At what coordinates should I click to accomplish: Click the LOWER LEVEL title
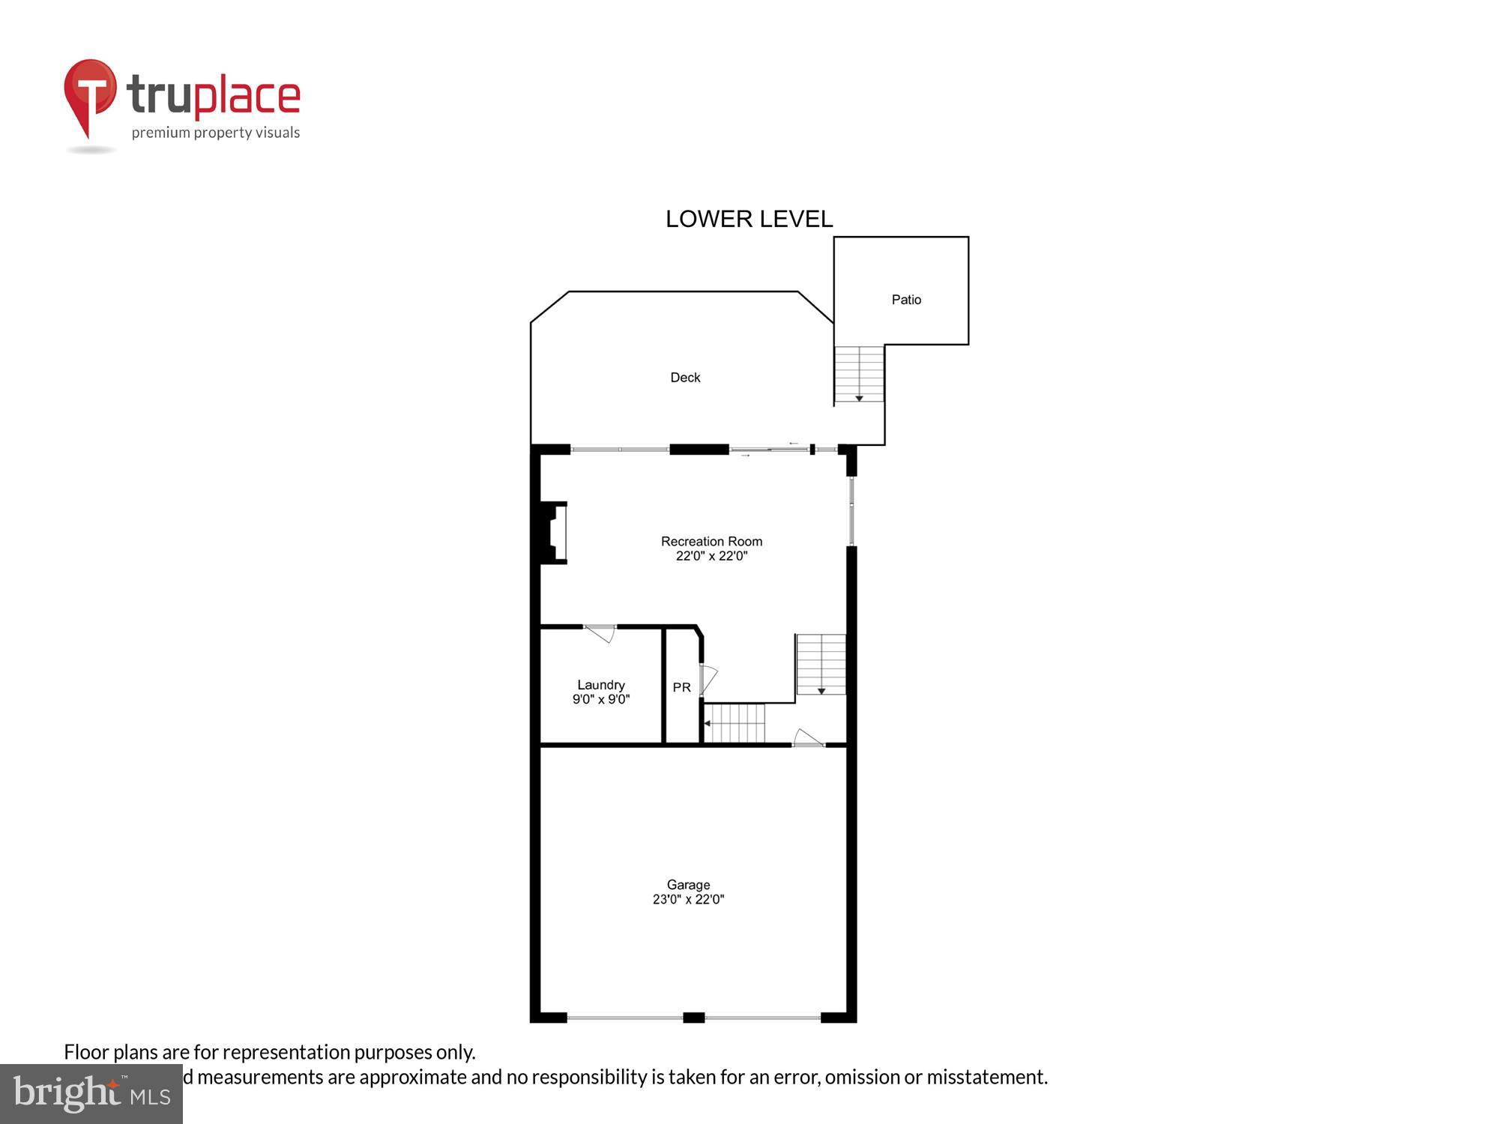pyautogui.click(x=749, y=219)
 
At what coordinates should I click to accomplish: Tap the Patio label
pyautogui.click(x=905, y=300)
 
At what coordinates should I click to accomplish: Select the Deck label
pyautogui.click(x=685, y=378)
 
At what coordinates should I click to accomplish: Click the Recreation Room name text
pyautogui.click(x=711, y=541)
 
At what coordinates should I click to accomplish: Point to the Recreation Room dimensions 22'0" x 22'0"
pyautogui.click(x=711, y=556)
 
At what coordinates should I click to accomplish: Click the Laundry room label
pyautogui.click(x=600, y=685)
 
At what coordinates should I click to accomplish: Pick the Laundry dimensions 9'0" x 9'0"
pyautogui.click(x=600, y=700)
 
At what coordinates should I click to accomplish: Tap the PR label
pyautogui.click(x=681, y=687)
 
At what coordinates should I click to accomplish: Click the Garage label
pyautogui.click(x=688, y=885)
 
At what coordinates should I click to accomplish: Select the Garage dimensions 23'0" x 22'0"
pyautogui.click(x=688, y=900)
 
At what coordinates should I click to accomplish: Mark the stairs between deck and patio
pyautogui.click(x=859, y=374)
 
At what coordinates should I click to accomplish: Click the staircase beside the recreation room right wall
pyautogui.click(x=821, y=664)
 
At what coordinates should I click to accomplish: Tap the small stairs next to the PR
pyautogui.click(x=735, y=723)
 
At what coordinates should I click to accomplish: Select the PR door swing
pyautogui.click(x=708, y=679)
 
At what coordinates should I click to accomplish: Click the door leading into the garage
pyautogui.click(x=808, y=738)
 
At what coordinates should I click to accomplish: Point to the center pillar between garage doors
pyautogui.click(x=693, y=1017)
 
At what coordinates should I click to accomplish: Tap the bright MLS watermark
pyautogui.click(x=91, y=1094)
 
